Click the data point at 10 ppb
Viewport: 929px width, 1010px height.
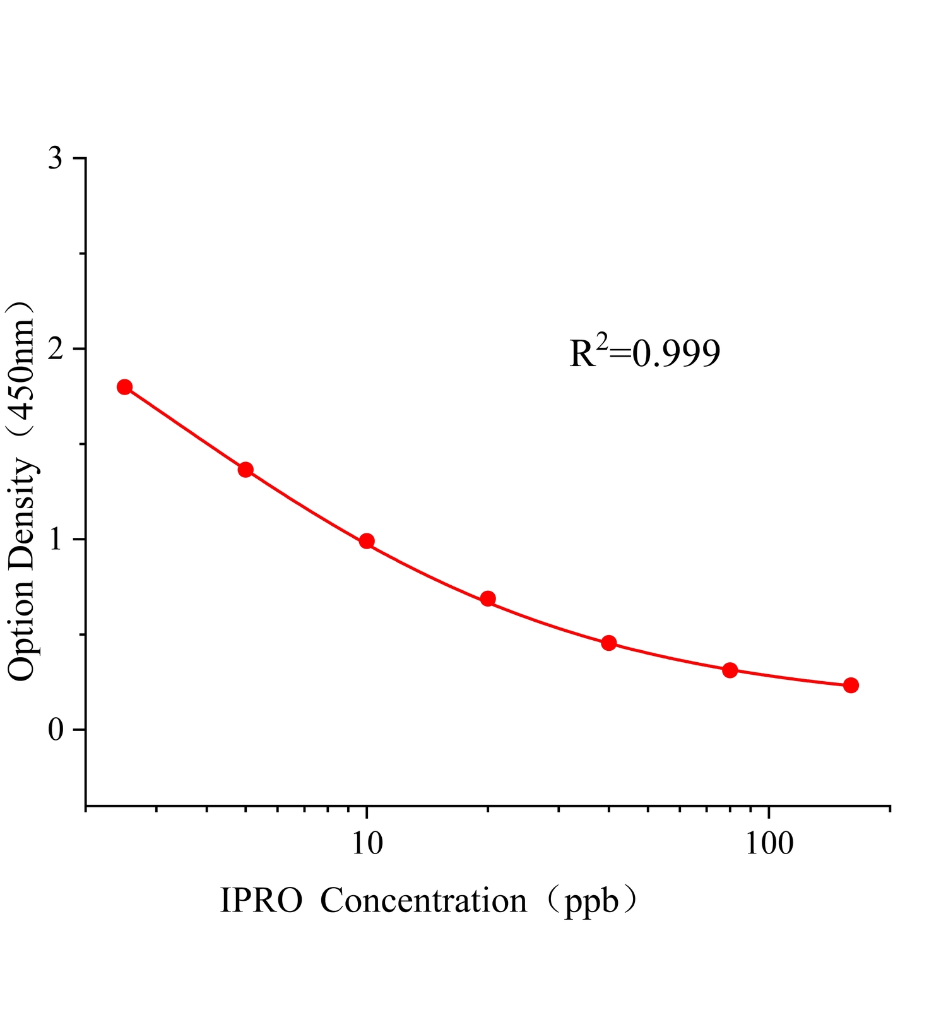tap(367, 541)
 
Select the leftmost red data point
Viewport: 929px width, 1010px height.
tap(124, 387)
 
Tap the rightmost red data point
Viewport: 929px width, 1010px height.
tap(851, 685)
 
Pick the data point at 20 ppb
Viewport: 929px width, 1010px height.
tap(488, 598)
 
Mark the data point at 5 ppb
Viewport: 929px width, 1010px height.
tap(246, 470)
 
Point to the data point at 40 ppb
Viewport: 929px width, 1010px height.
tap(609, 643)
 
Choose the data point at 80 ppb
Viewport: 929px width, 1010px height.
tap(730, 670)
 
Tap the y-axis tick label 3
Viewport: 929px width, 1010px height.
tap(56, 158)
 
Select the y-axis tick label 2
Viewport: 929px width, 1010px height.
tap(56, 348)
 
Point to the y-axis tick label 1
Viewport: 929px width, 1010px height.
tap(56, 539)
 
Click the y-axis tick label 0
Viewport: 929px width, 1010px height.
tap(56, 730)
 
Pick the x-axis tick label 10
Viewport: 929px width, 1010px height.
tap(367, 843)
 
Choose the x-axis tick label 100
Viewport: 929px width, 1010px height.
tap(769, 843)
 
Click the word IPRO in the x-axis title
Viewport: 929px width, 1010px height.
tap(261, 901)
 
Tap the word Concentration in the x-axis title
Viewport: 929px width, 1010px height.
tap(423, 901)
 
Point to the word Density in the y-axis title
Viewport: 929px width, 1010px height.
tap(21, 514)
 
